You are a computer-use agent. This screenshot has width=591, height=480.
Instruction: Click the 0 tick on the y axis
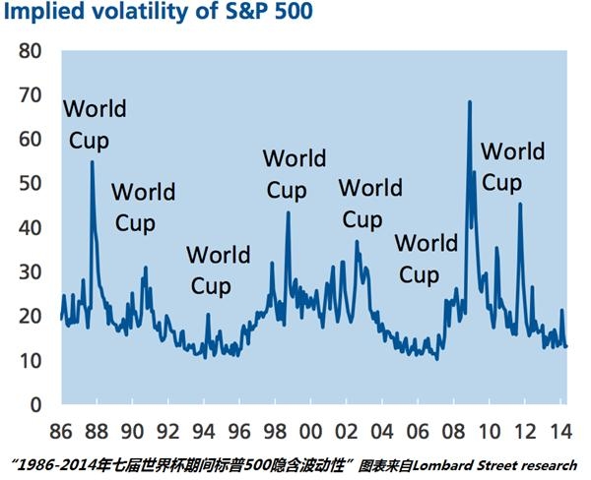36,404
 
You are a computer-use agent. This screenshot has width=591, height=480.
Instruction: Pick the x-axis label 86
61,432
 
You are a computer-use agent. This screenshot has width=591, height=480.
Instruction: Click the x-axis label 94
204,432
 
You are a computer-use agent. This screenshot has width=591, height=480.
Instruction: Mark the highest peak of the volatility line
469,101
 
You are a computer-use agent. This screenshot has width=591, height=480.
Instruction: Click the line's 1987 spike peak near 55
92,162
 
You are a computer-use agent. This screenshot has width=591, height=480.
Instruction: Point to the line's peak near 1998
288,212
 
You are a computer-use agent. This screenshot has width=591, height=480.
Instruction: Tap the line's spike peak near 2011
520,205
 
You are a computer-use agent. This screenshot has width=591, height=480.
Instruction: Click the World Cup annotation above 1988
95,123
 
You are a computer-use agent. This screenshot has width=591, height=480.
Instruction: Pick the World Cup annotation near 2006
426,259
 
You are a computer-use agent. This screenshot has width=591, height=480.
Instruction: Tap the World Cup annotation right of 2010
512,167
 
